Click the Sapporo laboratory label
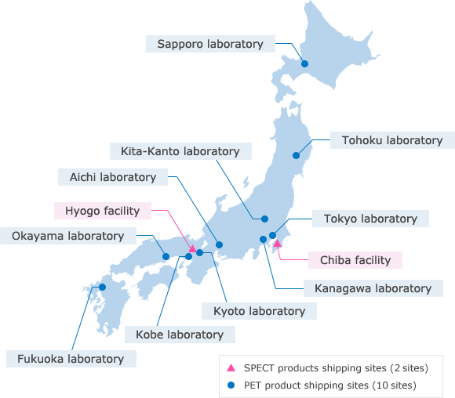pyautogui.click(x=210, y=44)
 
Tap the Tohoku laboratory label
pyautogui.click(x=392, y=140)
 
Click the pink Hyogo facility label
pyautogui.click(x=102, y=210)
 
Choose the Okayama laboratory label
pyautogui.click(x=68, y=235)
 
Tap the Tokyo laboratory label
pyautogui.click(x=370, y=219)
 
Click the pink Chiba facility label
pyautogui.click(x=355, y=259)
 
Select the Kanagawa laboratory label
pyautogui.click(x=373, y=288)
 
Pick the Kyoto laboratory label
pyautogui.click(x=259, y=311)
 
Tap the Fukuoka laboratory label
pyautogui.click(x=71, y=359)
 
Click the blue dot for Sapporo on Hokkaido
pyautogui.click(x=305, y=64)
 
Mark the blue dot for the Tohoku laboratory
pyautogui.click(x=297, y=155)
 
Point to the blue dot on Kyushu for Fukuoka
pyautogui.click(x=102, y=287)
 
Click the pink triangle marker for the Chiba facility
pyautogui.click(x=277, y=244)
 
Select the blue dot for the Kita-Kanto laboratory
pyautogui.click(x=264, y=219)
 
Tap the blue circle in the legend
pyautogui.click(x=231, y=385)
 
